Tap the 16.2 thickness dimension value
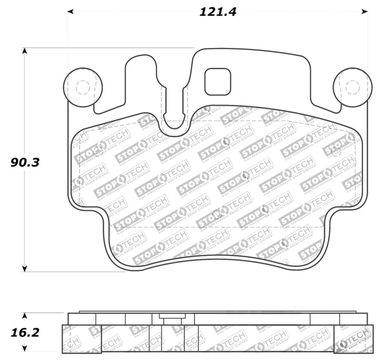coord(25,333)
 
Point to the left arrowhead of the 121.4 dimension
coord(70,11)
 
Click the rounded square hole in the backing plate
coord(218,82)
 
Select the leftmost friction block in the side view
coord(81,339)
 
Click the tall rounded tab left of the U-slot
coord(141,77)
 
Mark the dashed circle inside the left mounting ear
coord(82,88)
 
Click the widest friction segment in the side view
coord(266,339)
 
